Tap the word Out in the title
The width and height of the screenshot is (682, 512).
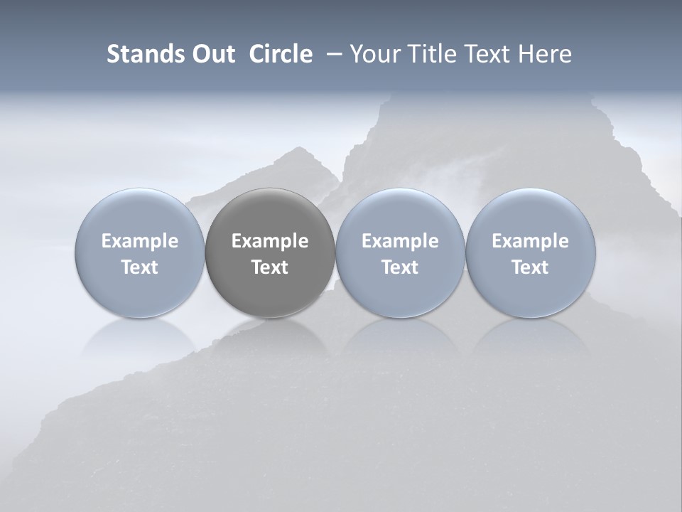pyautogui.click(x=212, y=54)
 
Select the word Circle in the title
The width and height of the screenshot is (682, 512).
pyautogui.click(x=281, y=54)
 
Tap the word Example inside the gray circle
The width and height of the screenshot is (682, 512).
pyautogui.click(x=270, y=241)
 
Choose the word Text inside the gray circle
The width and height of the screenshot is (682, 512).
pyautogui.click(x=270, y=267)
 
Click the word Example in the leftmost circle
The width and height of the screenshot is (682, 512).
pyautogui.click(x=139, y=241)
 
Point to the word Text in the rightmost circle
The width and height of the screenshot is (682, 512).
pyautogui.click(x=531, y=267)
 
